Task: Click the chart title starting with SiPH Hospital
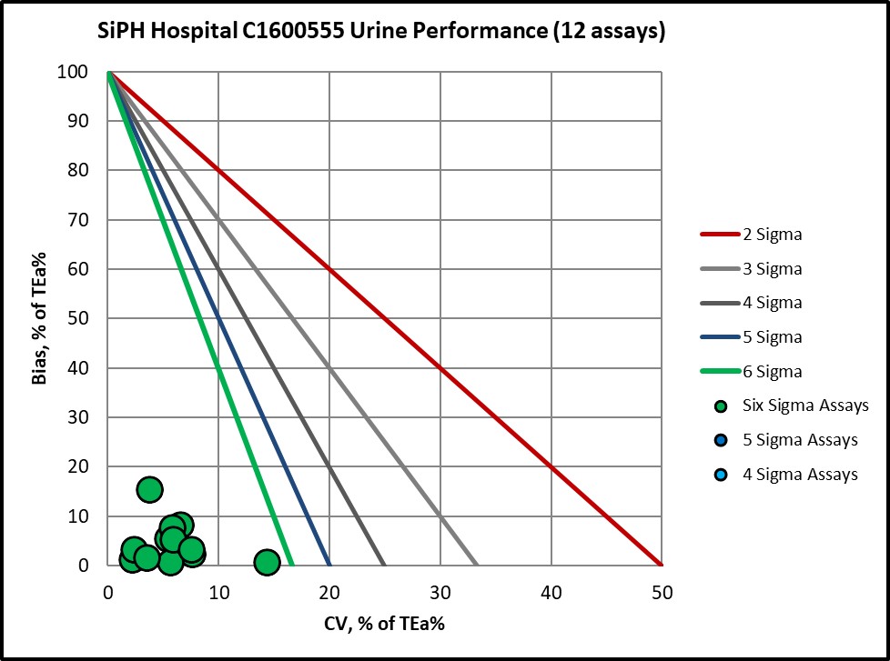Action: (x=382, y=31)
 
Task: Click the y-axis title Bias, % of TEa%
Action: (x=39, y=317)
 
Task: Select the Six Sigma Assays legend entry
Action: (x=805, y=406)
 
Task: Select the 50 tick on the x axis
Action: (x=662, y=592)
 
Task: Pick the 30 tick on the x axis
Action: (x=440, y=592)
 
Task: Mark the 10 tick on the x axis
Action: (x=218, y=592)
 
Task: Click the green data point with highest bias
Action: (x=150, y=489)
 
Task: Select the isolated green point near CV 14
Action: (x=267, y=562)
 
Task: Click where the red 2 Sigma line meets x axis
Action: (x=662, y=565)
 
